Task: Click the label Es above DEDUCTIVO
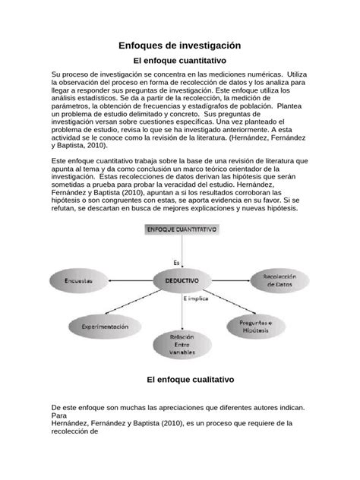(176, 263)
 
